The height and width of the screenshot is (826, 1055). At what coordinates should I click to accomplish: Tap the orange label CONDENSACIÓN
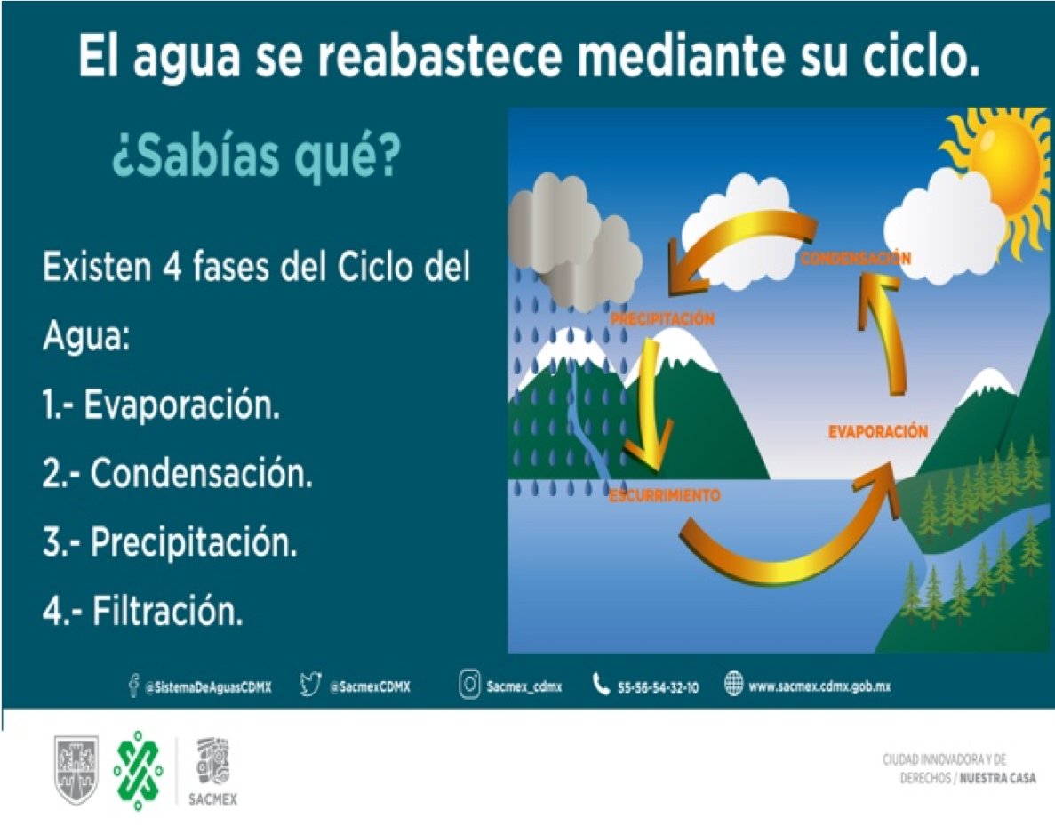(x=855, y=259)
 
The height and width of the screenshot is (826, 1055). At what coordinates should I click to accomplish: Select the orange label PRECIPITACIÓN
(x=661, y=319)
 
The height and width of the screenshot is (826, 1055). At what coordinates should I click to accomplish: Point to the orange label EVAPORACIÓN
(x=877, y=432)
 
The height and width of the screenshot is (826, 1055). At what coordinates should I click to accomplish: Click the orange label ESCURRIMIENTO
(x=664, y=495)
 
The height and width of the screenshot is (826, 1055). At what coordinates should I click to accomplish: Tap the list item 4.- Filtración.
(x=142, y=612)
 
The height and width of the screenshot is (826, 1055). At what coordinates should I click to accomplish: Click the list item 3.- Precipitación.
(x=170, y=542)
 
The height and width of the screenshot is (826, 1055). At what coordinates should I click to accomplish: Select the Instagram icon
(x=470, y=686)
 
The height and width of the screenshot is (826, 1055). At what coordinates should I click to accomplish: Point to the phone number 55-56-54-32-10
(x=658, y=687)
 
